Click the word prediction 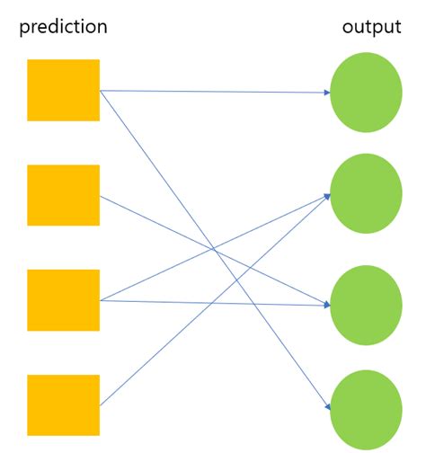63,27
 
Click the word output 371,27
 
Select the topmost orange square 63,90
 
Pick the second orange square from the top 63,195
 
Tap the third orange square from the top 63,300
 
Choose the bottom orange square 63,405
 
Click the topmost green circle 366,93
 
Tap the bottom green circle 366,407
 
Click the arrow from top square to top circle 216,92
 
